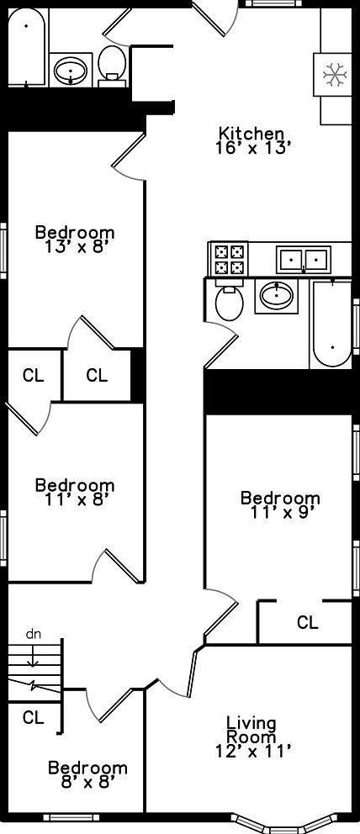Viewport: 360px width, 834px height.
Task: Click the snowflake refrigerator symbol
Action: (334, 75)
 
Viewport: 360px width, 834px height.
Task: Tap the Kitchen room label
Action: (251, 133)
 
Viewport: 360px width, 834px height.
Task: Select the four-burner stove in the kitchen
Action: (229, 259)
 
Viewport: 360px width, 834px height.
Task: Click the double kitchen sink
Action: (303, 259)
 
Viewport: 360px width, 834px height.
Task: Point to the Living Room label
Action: (251, 730)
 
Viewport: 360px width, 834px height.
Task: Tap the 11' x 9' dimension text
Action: (280, 513)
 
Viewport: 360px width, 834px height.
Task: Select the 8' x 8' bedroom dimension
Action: (87, 782)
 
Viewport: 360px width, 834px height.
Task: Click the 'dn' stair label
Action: (33, 634)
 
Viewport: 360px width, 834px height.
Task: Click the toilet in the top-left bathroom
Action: (112, 66)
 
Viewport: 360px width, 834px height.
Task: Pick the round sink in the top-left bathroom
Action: (71, 70)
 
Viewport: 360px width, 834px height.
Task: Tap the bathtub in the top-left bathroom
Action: (27, 47)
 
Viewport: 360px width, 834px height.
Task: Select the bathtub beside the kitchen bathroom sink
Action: (331, 322)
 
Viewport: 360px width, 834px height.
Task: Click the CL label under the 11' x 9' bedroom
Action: (307, 622)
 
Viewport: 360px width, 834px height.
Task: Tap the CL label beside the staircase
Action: (33, 717)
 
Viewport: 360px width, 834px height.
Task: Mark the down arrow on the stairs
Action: (33, 654)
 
